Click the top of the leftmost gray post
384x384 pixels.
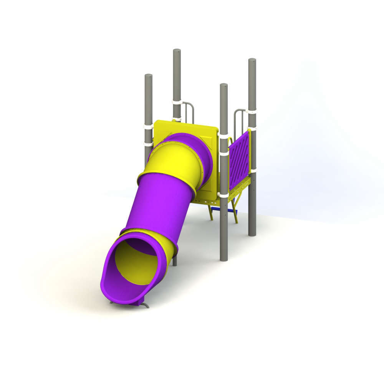coord(148,76)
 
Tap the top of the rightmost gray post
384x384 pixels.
coord(252,60)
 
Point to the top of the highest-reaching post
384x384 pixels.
coord(177,51)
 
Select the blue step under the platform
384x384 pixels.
coord(227,210)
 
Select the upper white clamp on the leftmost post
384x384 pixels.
coord(148,126)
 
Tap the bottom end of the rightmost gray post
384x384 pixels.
coord(252,233)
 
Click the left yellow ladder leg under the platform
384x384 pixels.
coord(210,213)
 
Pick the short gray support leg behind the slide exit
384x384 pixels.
coord(175,261)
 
